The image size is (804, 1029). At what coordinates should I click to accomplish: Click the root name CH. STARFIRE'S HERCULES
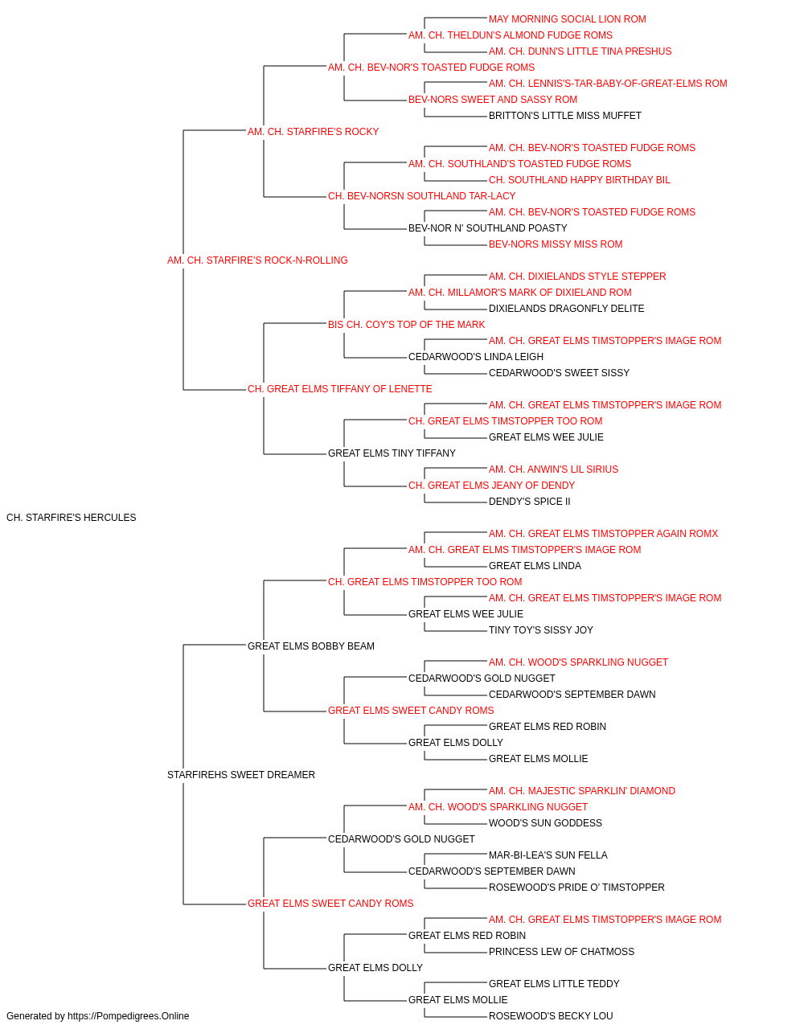[71, 518]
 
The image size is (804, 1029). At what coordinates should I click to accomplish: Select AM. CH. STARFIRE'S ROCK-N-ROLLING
[257, 260]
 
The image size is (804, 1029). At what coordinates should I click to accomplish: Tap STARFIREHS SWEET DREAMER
[241, 775]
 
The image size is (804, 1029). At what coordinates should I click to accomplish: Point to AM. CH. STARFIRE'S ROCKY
[313, 132]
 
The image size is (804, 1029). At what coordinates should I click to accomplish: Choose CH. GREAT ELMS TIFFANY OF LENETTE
[339, 389]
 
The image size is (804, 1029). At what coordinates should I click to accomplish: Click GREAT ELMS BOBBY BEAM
[310, 646]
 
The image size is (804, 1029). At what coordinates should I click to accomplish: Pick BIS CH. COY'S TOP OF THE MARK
[406, 324]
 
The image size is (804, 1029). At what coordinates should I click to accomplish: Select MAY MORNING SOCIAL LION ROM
[568, 19]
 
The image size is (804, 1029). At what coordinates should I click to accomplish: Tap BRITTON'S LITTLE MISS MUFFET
[565, 116]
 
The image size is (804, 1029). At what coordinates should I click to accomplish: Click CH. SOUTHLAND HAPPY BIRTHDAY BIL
[579, 180]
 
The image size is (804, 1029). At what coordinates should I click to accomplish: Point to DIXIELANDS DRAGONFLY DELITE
[566, 308]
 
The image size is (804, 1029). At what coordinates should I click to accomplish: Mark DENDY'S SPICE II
[529, 502]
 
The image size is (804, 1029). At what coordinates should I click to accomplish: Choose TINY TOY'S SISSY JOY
[541, 629]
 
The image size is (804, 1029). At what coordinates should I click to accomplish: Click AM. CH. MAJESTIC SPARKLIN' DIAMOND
[582, 791]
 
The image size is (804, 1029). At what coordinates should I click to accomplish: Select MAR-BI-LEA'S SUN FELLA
[548, 855]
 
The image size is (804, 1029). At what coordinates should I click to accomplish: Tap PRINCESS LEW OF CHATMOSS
[561, 951]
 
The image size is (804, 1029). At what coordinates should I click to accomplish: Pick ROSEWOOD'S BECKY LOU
[551, 1016]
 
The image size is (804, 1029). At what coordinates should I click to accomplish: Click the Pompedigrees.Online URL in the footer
[128, 1016]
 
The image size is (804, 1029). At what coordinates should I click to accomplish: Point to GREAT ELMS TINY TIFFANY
[392, 453]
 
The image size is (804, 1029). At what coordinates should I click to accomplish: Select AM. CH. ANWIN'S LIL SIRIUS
[553, 469]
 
